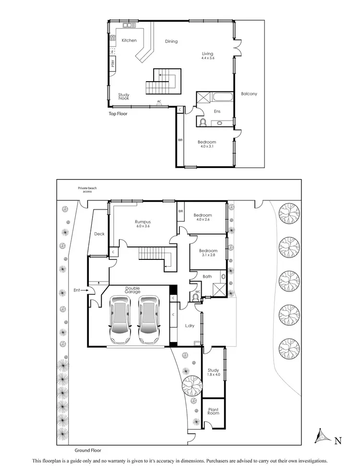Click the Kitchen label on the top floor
click(129, 40)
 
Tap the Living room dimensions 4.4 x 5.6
click(207, 58)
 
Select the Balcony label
click(249, 94)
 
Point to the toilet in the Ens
click(203, 122)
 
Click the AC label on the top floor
click(159, 102)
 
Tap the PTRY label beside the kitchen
click(112, 63)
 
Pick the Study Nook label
click(124, 97)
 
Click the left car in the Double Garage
click(120, 319)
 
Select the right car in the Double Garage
click(148, 319)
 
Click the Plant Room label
click(213, 411)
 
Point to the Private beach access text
click(87, 189)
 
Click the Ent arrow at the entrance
click(83, 290)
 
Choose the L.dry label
click(189, 326)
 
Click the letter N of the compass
click(338, 440)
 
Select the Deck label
click(99, 234)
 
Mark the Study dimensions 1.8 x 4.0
click(213, 375)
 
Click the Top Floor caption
click(118, 114)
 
